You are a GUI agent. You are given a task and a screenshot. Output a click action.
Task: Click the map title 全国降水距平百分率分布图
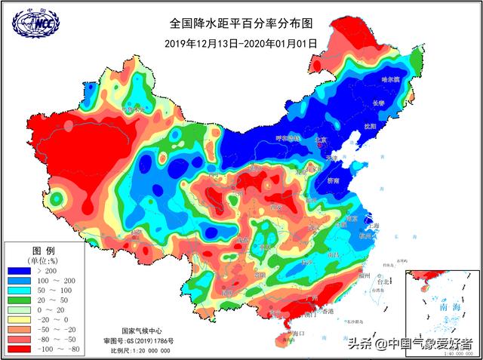pyautogui.click(x=241, y=25)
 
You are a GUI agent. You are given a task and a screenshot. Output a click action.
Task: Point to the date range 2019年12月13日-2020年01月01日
pyautogui.click(x=241, y=44)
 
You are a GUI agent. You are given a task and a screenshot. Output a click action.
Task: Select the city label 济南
pyautogui.click(x=334, y=181)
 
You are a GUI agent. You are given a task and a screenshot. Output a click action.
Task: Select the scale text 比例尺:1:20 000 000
pyautogui.click(x=140, y=351)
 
